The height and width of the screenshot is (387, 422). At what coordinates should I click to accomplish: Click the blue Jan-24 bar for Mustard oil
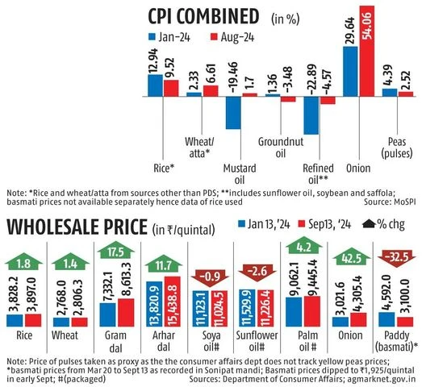(x=234, y=112)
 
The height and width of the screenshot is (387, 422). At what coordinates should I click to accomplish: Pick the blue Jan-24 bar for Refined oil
(x=310, y=115)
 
